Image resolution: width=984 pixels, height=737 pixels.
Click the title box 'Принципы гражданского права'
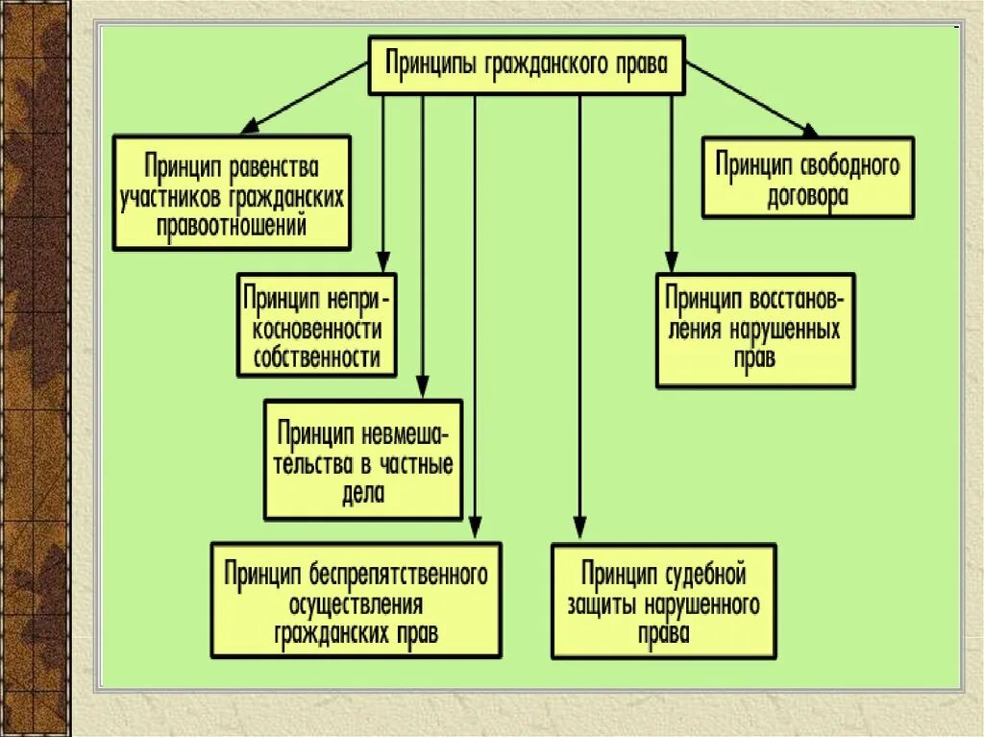(x=527, y=65)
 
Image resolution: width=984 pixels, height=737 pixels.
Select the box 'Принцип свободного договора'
(x=807, y=178)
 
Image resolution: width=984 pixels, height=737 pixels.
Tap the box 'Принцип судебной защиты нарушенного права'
(x=663, y=602)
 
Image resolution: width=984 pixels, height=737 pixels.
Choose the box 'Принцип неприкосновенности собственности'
(x=318, y=325)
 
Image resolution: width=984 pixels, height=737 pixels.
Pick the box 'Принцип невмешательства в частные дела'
(x=363, y=460)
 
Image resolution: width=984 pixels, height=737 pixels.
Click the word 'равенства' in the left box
(x=274, y=169)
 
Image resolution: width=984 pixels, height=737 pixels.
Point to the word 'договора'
(x=807, y=197)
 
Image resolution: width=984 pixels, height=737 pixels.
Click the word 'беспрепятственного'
(x=398, y=575)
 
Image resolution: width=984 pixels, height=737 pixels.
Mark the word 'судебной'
(x=704, y=575)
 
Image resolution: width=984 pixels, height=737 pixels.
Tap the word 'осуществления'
(x=356, y=604)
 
